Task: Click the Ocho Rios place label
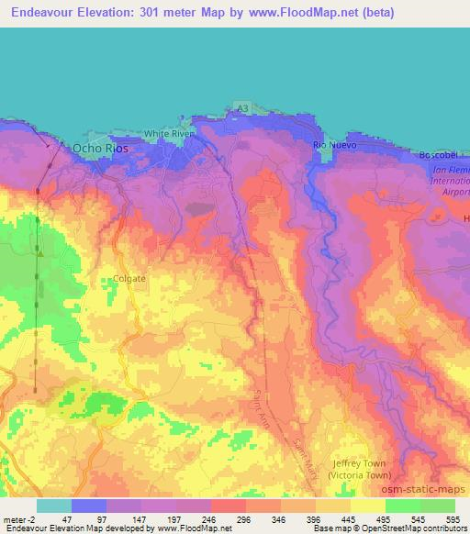(100, 148)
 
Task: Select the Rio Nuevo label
(334, 145)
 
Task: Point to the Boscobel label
(438, 155)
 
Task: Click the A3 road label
(241, 108)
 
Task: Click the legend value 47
(71, 519)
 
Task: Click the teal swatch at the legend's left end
(54, 506)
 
